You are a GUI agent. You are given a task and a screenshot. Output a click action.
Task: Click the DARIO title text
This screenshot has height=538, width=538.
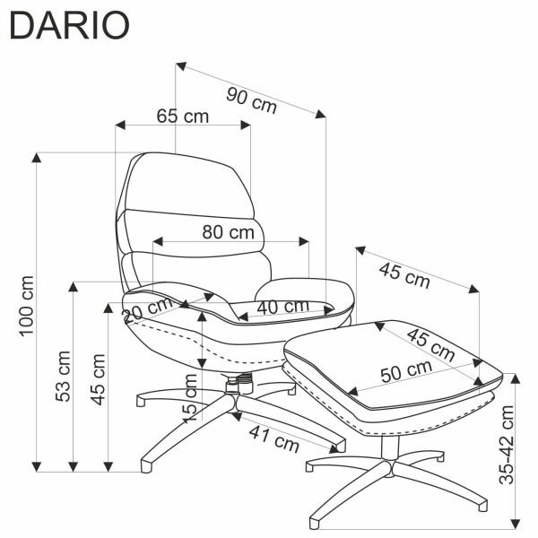tap(70, 25)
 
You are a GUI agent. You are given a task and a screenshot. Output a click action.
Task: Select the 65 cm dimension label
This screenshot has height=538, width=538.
tap(183, 116)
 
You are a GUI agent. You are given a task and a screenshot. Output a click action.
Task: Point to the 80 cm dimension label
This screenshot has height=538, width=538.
tap(228, 232)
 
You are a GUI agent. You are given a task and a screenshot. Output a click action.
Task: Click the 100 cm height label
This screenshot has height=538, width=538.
tap(27, 306)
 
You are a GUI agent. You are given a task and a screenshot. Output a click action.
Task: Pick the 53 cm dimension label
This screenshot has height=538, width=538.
tap(63, 376)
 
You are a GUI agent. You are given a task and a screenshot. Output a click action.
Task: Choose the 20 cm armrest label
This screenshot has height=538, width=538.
tap(148, 310)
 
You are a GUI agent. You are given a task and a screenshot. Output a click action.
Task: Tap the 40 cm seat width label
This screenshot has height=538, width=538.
tap(283, 307)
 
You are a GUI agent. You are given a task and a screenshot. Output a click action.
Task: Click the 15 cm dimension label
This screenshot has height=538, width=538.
tap(189, 398)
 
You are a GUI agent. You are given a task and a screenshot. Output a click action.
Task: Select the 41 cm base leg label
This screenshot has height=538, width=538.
tap(274, 438)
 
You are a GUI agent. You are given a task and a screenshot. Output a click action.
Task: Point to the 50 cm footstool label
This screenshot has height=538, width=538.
tap(406, 371)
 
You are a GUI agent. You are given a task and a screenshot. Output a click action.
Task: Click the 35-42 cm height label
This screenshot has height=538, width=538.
tap(507, 445)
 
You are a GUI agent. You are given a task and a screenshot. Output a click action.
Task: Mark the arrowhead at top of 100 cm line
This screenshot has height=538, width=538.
tap(37, 158)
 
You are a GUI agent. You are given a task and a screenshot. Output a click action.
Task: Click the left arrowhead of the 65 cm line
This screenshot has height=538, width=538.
tap(120, 126)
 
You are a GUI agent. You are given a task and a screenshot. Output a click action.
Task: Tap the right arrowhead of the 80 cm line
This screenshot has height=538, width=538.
tap(304, 241)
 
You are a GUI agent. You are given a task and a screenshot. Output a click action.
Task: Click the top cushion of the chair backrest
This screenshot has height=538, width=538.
tap(189, 186)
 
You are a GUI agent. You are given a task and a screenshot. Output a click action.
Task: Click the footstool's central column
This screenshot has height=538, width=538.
tap(390, 448)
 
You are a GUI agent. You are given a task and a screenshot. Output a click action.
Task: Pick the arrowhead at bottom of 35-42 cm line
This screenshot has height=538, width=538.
tap(516, 524)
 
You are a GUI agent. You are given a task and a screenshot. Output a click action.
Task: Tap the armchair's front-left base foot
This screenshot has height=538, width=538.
tap(146, 466)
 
